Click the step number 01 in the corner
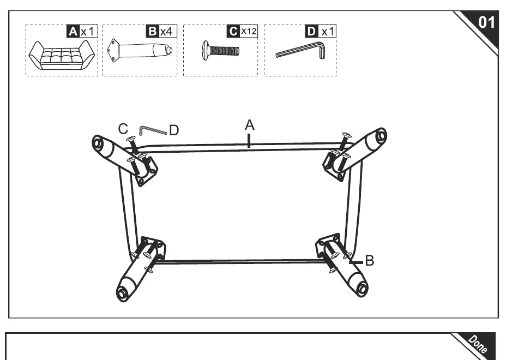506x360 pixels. pyautogui.click(x=486, y=22)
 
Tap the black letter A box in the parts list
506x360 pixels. pyautogui.click(x=73, y=32)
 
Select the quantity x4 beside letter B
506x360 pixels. pyautogui.click(x=167, y=32)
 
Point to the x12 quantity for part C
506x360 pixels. pyautogui.click(x=249, y=31)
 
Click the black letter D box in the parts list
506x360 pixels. pyautogui.click(x=311, y=32)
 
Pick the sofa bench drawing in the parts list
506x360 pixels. pyautogui.click(x=62, y=55)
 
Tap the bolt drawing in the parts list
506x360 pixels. pyautogui.click(x=221, y=51)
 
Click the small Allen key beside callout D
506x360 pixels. pyautogui.click(x=153, y=130)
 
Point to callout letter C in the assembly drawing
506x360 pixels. pyautogui.click(x=123, y=129)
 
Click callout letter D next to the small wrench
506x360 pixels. pyautogui.click(x=173, y=130)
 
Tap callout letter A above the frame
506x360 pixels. pyautogui.click(x=249, y=125)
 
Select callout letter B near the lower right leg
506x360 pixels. pyautogui.click(x=370, y=261)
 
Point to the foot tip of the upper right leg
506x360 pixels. pyautogui.click(x=381, y=135)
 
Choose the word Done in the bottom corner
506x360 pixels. pyautogui.click(x=478, y=344)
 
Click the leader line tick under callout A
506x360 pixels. pyautogui.click(x=249, y=141)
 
